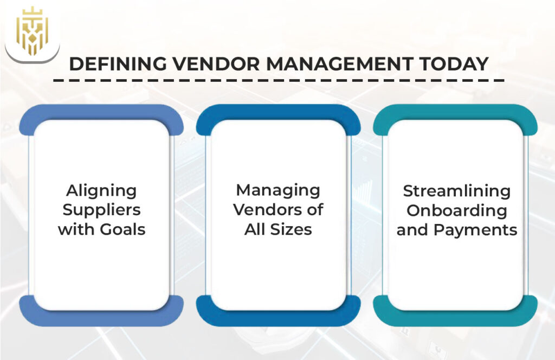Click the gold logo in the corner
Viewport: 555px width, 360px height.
(31, 31)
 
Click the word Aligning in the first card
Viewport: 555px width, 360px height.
(101, 190)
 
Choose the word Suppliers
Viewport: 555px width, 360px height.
(101, 209)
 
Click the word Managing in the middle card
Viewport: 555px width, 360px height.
(278, 190)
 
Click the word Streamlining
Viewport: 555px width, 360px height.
(456, 191)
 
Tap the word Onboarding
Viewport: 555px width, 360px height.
(456, 210)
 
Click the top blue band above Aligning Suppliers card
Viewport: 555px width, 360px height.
(101, 112)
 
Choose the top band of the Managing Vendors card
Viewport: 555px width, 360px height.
(278, 112)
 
